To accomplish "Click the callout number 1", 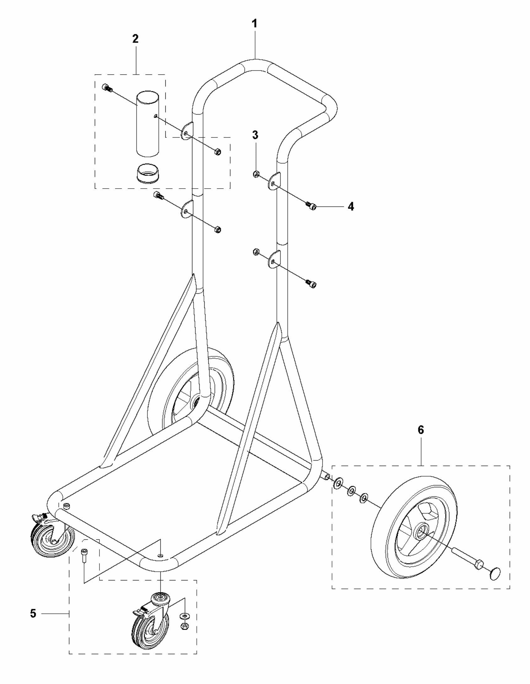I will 255,24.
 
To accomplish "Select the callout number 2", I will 135,39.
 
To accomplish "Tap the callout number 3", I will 255,135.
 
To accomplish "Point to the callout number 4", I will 351,206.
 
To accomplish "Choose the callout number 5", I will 33,613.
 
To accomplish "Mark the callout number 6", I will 421,430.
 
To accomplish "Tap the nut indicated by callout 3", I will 256,174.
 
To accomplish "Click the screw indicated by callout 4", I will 311,206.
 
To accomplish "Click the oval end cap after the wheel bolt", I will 495,573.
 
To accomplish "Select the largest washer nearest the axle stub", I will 338,484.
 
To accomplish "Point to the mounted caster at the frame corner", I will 53,536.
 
